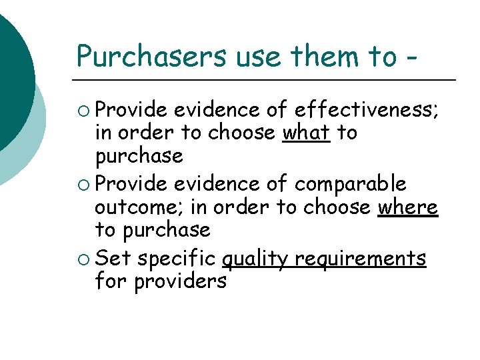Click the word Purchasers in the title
tap(153, 57)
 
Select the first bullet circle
tap(85, 110)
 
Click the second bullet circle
tap(85, 183)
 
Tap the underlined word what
tap(307, 133)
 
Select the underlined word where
tap(408, 207)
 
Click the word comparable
tap(351, 183)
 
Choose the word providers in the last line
tap(180, 281)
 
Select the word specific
tap(177, 258)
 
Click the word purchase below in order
tap(139, 157)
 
